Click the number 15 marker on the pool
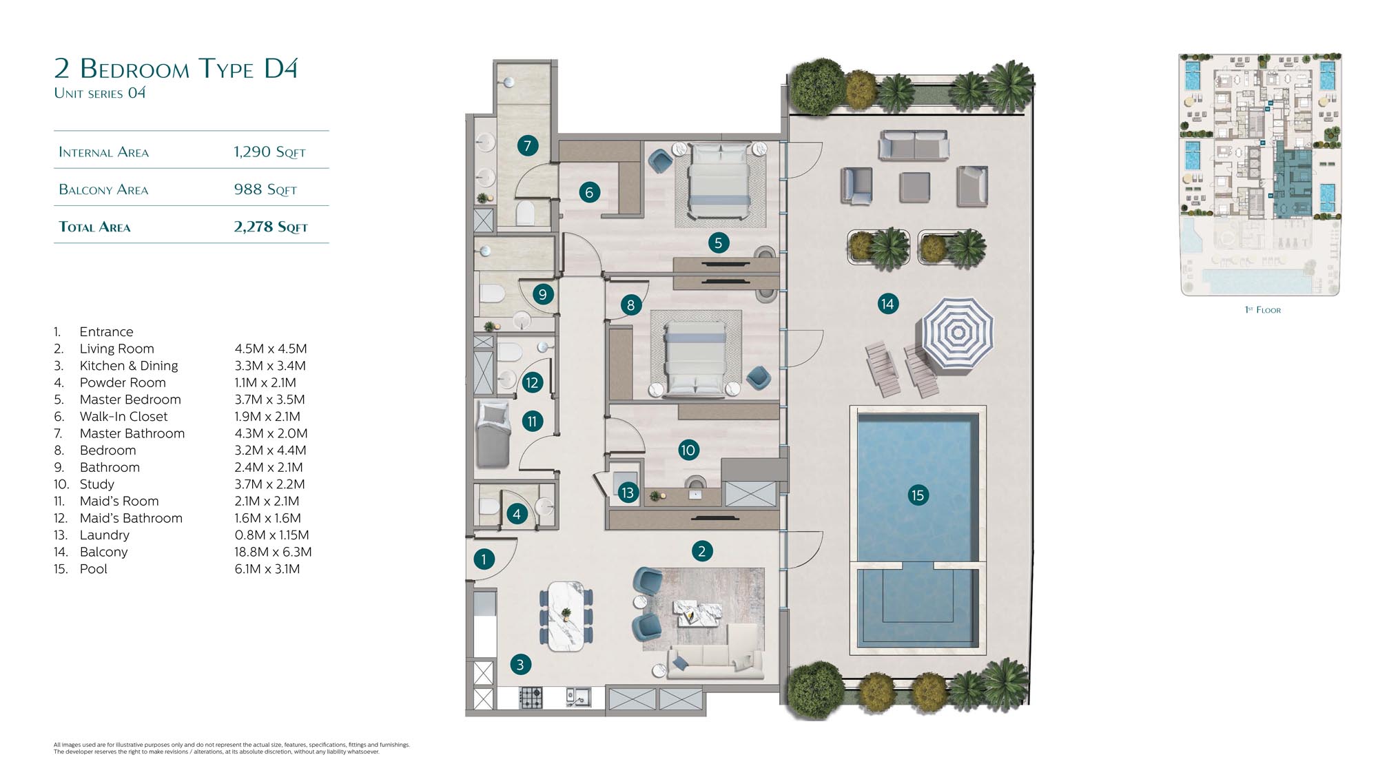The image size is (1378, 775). coord(917,495)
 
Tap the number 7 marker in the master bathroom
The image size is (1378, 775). coord(527,145)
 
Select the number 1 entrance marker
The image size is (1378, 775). coord(484,559)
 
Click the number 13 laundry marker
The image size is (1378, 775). coord(627,493)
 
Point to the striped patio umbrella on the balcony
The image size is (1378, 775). coord(958,333)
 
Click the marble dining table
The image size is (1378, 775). coord(566,616)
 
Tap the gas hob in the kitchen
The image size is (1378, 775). coord(531,697)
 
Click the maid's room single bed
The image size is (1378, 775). coord(493,433)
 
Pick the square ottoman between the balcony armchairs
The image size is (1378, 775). coord(914,187)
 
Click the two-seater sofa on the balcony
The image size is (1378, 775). coord(914,145)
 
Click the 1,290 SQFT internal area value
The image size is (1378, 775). coord(269,152)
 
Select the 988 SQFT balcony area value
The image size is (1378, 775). coord(265,189)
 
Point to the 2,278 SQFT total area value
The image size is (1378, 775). coord(271,227)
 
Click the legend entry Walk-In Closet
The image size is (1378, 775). coord(123,416)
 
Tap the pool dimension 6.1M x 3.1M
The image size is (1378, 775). coord(267,569)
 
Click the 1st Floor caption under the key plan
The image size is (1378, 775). coord(1263,310)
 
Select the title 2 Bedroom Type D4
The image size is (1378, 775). coord(176,68)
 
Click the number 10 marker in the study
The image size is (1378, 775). coord(688,450)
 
